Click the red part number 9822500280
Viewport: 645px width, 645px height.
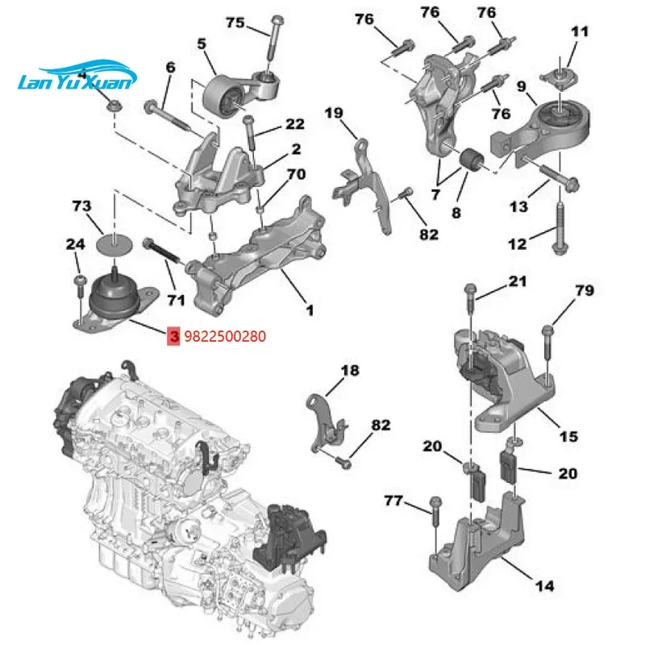pyautogui.click(x=225, y=335)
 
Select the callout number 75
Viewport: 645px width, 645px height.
pyautogui.click(x=235, y=23)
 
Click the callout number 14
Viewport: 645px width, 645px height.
pyautogui.click(x=544, y=588)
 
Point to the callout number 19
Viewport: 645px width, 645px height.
pyautogui.click(x=334, y=114)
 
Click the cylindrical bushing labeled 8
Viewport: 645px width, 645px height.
pyautogui.click(x=470, y=164)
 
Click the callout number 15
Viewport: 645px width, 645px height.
pyautogui.click(x=569, y=436)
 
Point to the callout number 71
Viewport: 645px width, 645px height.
pyautogui.click(x=177, y=300)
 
